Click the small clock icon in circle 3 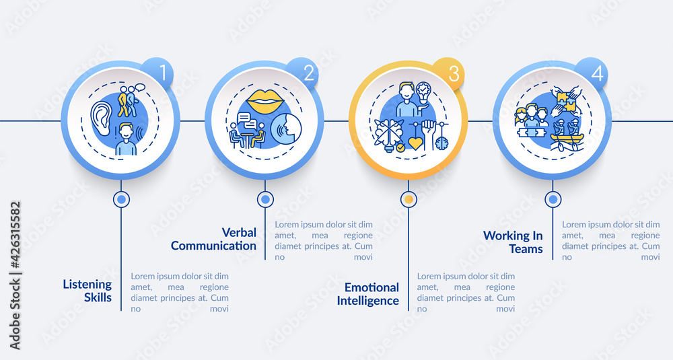click(x=441, y=143)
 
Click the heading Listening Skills click(x=87, y=291)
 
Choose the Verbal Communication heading click(x=214, y=239)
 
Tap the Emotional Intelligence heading click(x=368, y=294)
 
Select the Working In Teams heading click(x=513, y=242)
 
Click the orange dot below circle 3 click(x=409, y=199)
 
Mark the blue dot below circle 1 click(x=121, y=199)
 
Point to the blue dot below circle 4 click(x=553, y=199)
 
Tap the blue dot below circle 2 click(x=265, y=199)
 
